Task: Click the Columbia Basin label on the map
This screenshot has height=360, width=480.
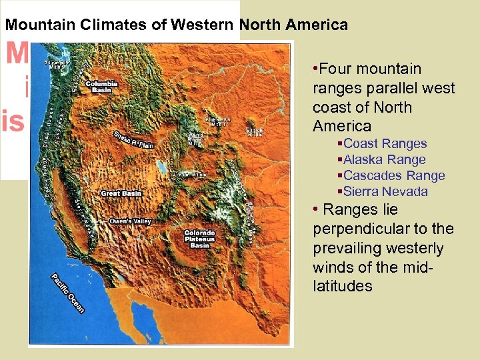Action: pyautogui.click(x=101, y=87)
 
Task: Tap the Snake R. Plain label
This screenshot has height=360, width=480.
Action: pyautogui.click(x=133, y=138)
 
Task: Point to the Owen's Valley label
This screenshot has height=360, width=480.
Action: pyautogui.click(x=129, y=221)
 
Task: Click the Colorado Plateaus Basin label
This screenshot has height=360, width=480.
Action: pyautogui.click(x=199, y=239)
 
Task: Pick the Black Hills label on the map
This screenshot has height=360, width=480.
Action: pyautogui.click(x=254, y=132)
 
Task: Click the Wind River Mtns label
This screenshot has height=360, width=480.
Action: pyautogui.click(x=195, y=139)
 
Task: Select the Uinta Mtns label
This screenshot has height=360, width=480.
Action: pyautogui.click(x=189, y=175)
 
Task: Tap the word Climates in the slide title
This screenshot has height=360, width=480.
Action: pyautogui.click(x=125, y=25)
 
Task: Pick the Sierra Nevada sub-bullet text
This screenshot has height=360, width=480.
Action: pyautogui.click(x=385, y=191)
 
